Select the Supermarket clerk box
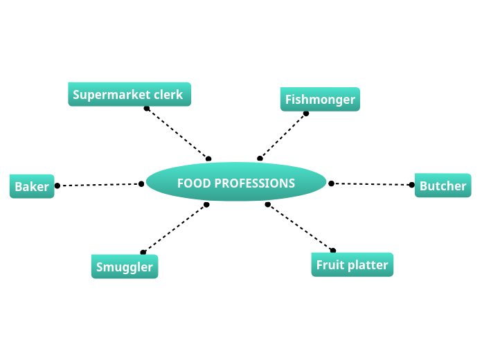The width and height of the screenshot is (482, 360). click(130, 94)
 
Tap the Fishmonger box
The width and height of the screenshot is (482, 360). click(320, 99)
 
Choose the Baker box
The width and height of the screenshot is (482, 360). click(32, 186)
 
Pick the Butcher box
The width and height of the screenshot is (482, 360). click(443, 186)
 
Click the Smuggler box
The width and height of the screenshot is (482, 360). click(125, 267)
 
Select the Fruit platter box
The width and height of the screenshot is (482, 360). click(352, 264)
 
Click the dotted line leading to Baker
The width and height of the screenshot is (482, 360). click(99, 185)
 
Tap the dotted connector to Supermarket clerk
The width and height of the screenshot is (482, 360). click(177, 134)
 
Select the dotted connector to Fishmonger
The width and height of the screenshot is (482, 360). click(283, 136)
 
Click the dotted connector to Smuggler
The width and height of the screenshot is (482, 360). click(175, 228)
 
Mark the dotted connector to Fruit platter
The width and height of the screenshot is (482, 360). click(300, 227)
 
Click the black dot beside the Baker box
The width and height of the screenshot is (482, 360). click(57, 186)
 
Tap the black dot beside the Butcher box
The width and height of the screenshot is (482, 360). click(412, 185)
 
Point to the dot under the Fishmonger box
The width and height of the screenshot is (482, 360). click(306, 114)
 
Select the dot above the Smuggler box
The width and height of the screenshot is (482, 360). click(143, 252)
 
